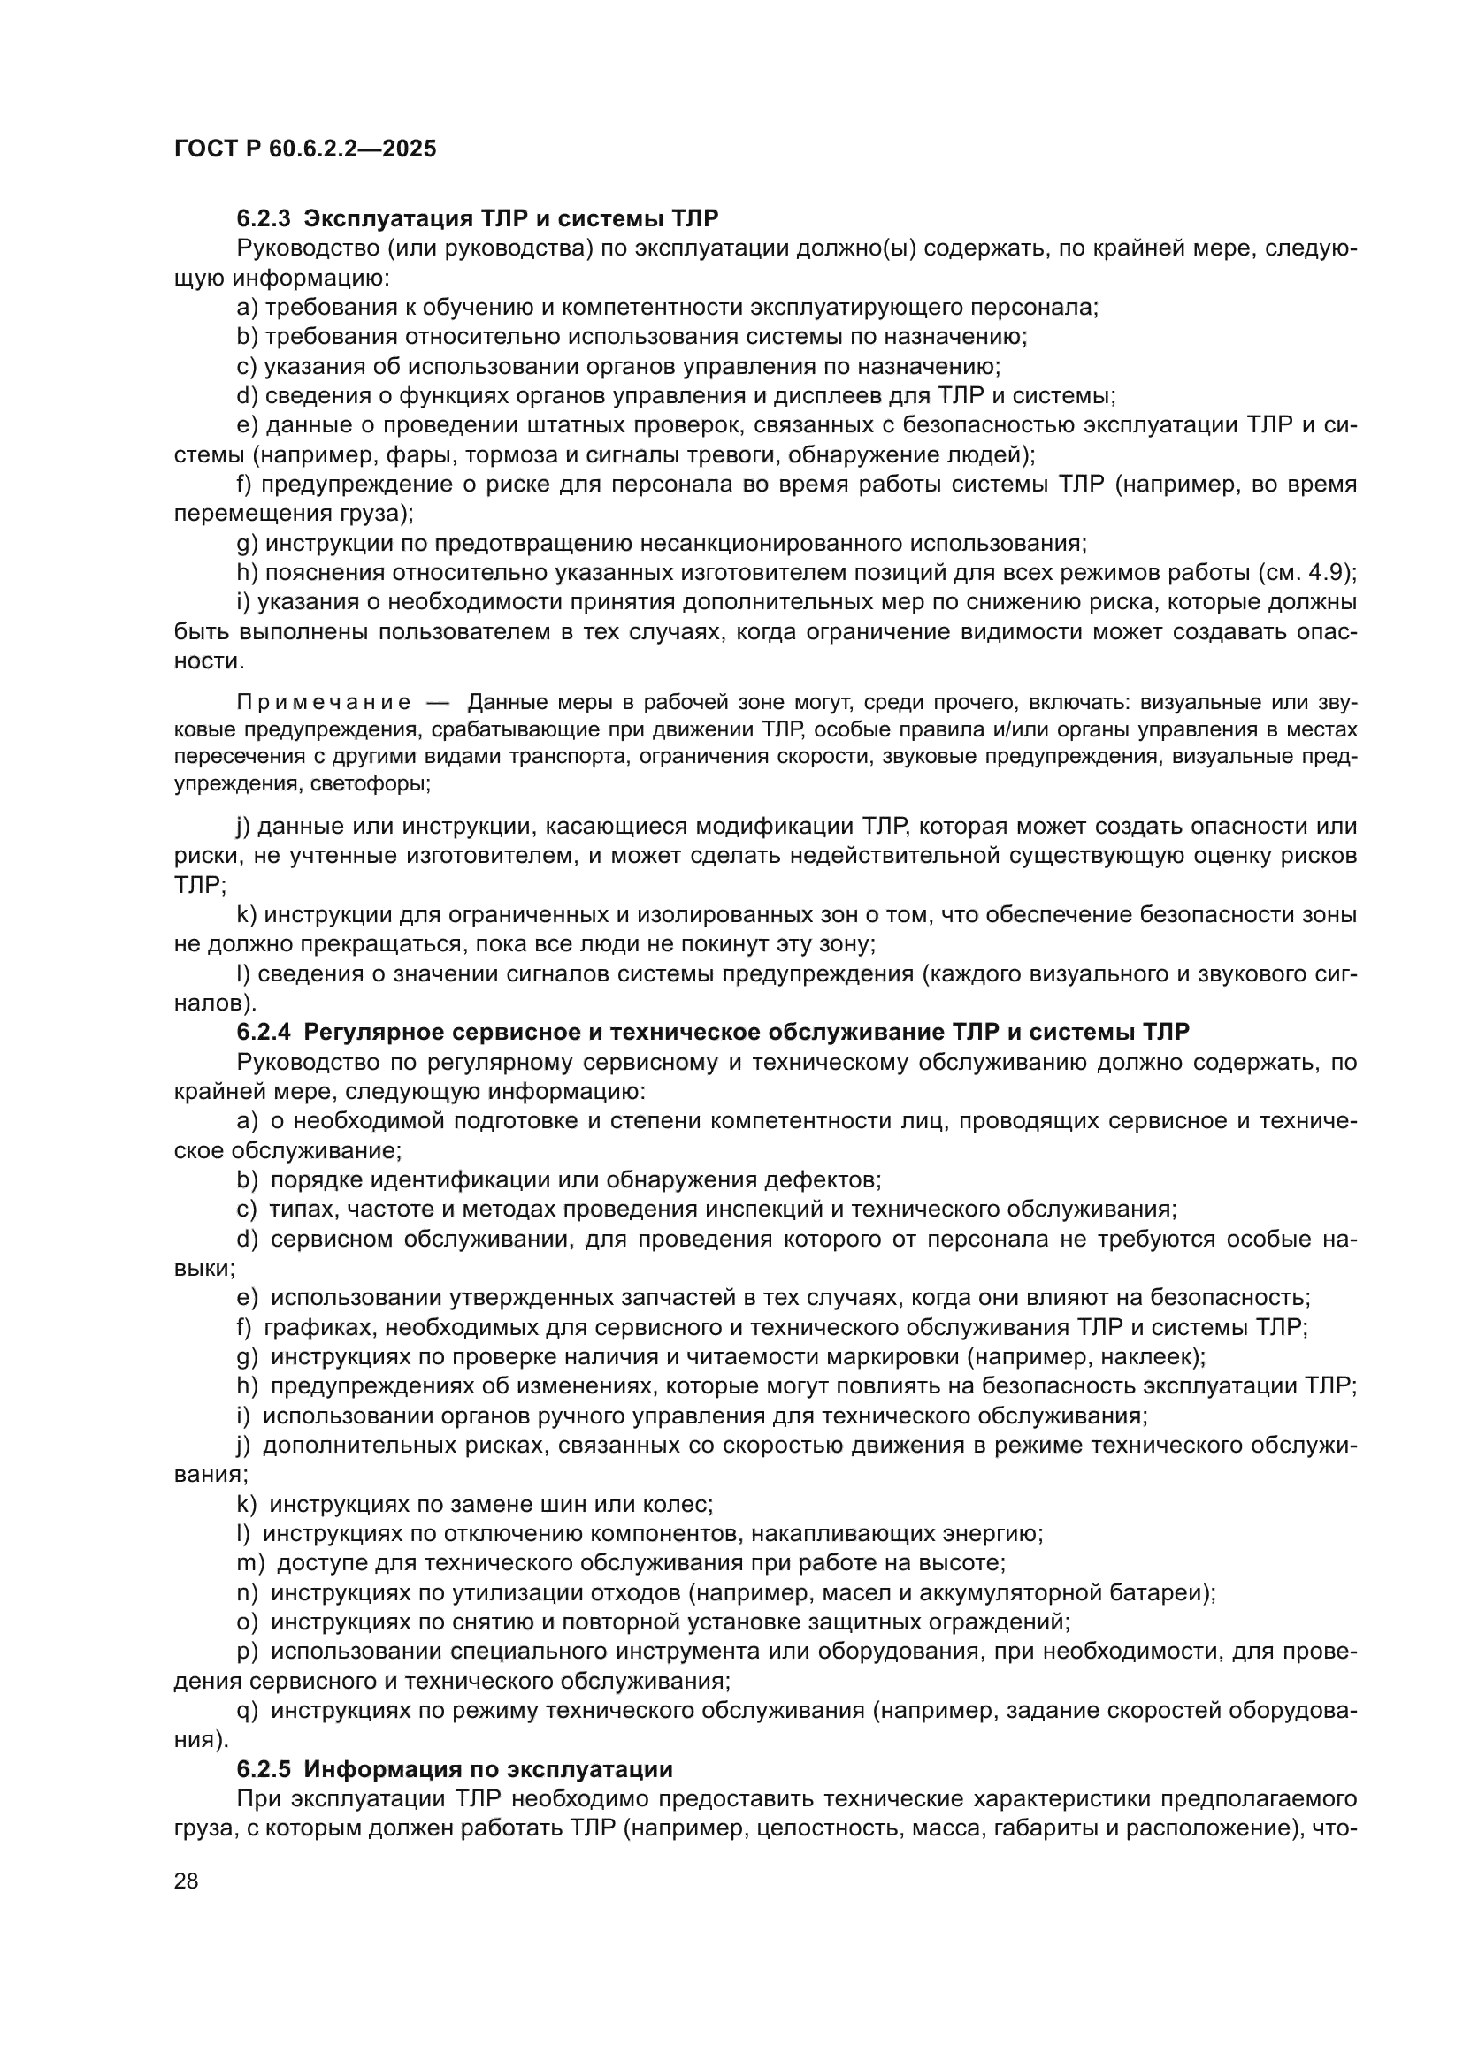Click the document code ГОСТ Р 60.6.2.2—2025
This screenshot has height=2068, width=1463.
click(304, 149)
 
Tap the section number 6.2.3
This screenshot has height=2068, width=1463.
click(264, 218)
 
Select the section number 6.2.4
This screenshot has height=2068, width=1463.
click(264, 1032)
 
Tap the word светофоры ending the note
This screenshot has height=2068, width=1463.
click(370, 783)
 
